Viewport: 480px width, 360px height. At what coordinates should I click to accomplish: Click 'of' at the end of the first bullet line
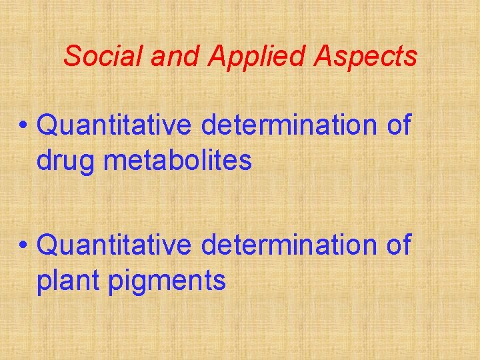pos(397,125)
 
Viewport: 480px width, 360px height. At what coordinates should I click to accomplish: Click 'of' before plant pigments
pos(397,245)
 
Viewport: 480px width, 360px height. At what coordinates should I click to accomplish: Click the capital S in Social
pos(72,56)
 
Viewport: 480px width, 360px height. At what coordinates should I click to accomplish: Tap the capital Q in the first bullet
pos(49,125)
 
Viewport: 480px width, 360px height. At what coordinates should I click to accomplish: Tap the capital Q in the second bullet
pos(49,245)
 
